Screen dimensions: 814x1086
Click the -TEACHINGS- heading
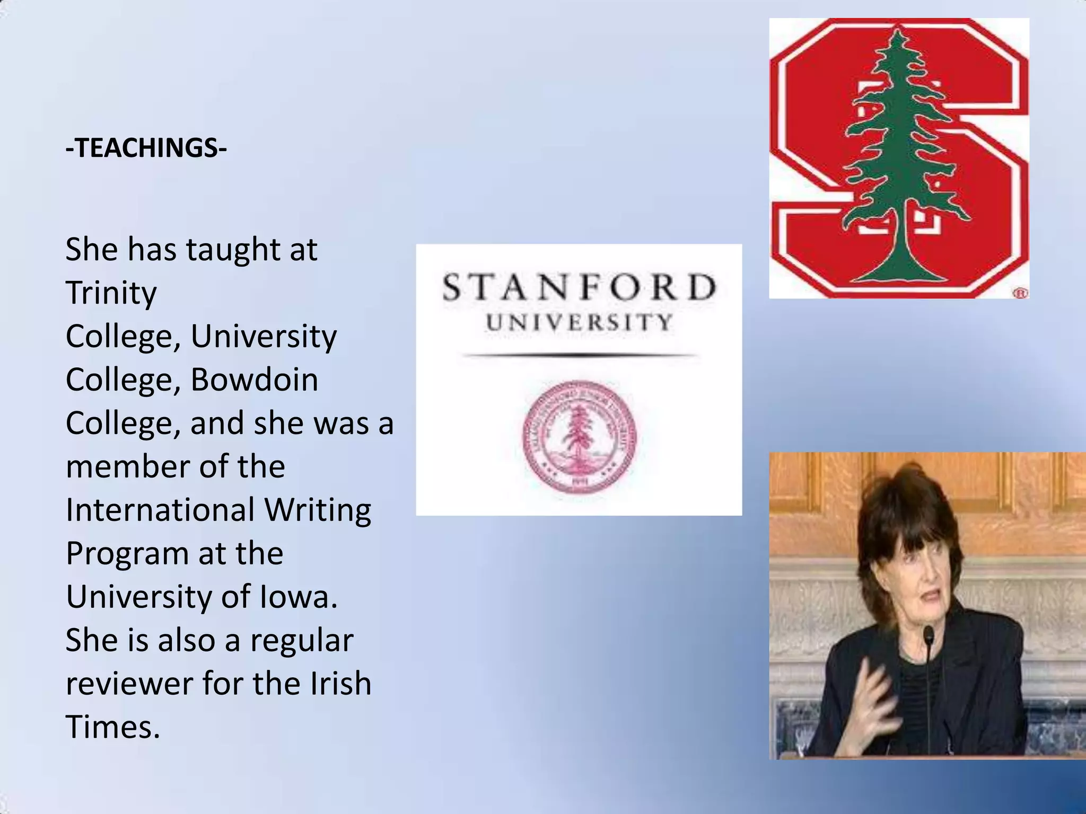click(146, 148)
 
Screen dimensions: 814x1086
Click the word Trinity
click(111, 293)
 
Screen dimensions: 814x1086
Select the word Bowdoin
click(254, 380)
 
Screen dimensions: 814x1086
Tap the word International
click(160, 510)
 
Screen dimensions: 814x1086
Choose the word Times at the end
click(112, 727)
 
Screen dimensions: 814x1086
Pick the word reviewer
click(128, 684)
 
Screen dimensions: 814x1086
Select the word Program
click(126, 554)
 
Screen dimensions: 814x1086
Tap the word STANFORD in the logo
click(579, 288)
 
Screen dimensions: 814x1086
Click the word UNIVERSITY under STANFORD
click(579, 322)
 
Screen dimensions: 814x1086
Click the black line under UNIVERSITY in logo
click(579, 356)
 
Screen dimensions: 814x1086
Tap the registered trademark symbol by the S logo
click(1021, 293)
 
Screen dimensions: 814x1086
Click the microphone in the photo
click(929, 633)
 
